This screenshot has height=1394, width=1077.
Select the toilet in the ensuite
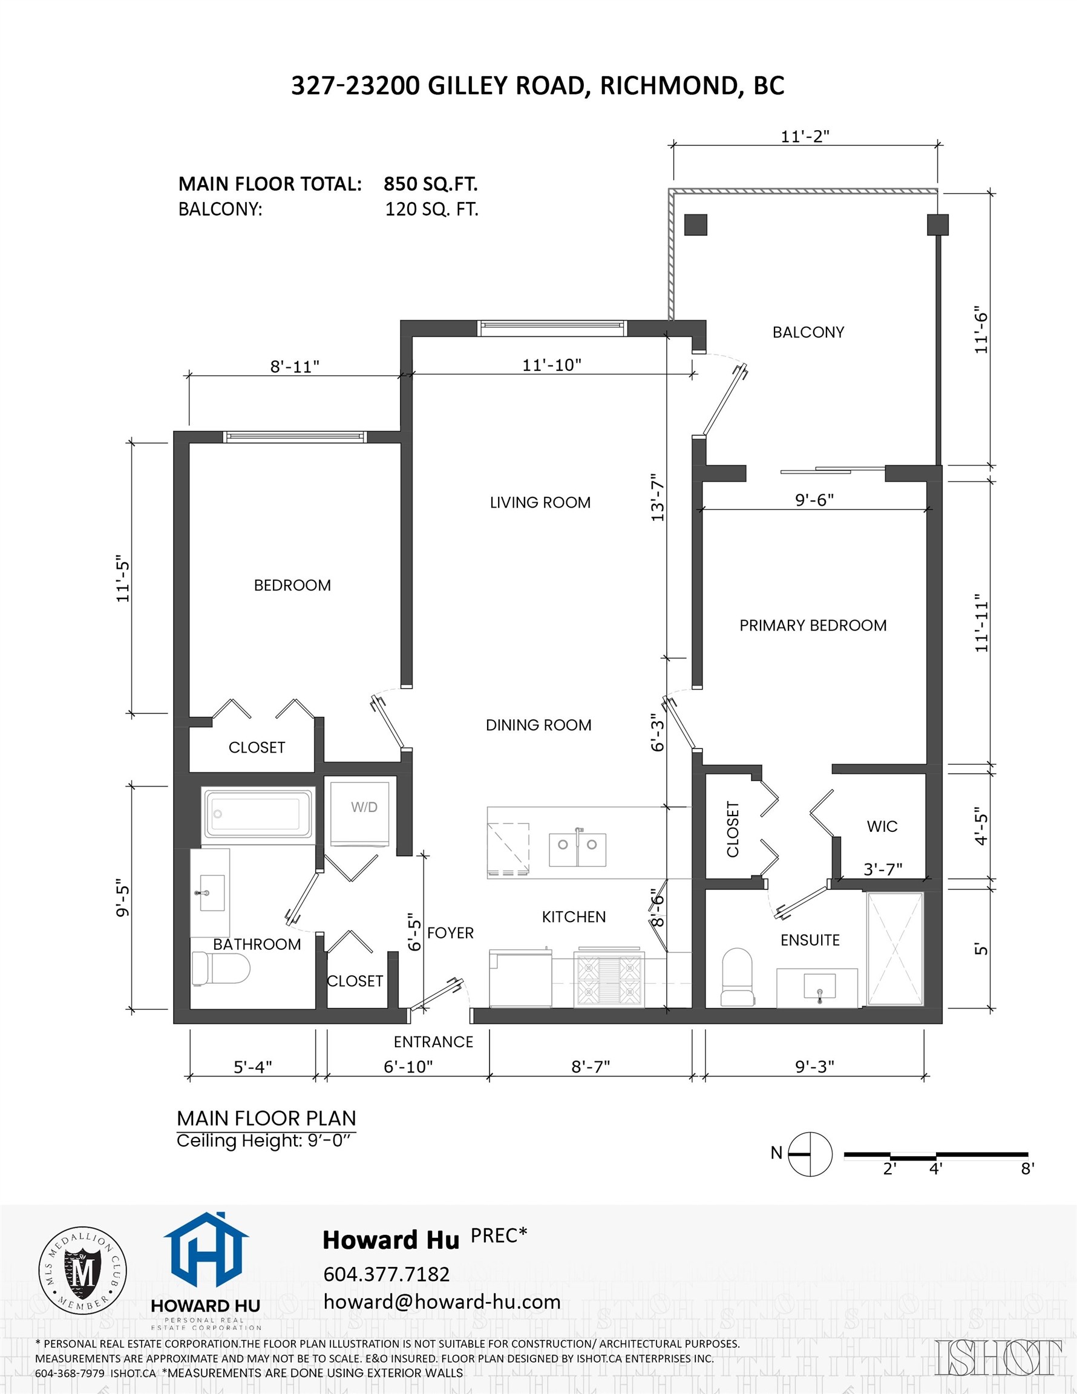738,977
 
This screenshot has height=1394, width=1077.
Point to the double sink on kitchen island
577,849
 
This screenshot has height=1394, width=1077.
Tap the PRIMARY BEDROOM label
813,626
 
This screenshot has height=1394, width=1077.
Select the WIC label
882,826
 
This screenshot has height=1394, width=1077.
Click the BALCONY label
808,333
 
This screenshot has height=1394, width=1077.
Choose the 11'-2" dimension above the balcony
805,137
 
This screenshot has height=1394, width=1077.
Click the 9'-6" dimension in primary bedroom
814,500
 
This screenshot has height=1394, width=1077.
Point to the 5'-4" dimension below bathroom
253,1067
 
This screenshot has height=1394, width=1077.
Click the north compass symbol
810,1154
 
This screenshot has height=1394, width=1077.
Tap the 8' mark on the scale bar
1027,1169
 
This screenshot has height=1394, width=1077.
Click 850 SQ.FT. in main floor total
430,184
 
